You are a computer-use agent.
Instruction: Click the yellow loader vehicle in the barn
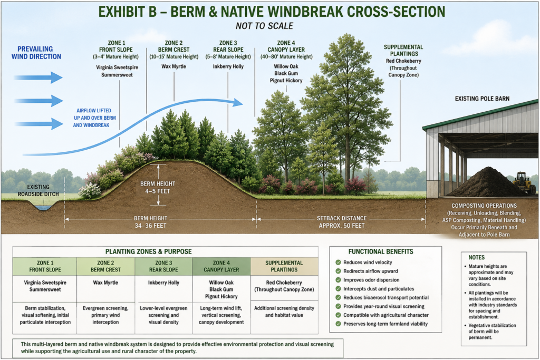coord(524,182)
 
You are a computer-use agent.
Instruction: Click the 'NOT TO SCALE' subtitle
coord(265,26)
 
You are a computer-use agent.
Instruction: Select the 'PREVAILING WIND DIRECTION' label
coord(36,53)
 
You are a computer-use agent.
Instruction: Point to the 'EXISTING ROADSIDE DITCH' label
coord(38,190)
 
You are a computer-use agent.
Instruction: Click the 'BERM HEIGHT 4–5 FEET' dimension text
coord(157,187)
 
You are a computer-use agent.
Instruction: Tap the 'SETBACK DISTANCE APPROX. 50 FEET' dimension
coord(342,222)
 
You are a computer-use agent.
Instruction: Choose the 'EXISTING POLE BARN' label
coord(482,99)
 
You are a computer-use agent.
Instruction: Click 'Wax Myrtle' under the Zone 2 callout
coord(173,66)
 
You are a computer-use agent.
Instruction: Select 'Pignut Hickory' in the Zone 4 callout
coord(286,81)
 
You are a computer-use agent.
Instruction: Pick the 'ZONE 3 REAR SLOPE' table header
coord(163,266)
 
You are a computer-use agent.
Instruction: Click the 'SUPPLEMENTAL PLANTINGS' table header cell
coord(284,266)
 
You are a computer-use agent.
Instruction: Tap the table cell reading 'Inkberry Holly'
coord(163,283)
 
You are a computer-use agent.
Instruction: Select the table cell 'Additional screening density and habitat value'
coord(284,312)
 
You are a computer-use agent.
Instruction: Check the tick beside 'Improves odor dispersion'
coord(338,280)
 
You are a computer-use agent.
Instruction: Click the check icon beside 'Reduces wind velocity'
coord(338,262)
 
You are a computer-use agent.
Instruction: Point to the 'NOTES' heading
coord(476,257)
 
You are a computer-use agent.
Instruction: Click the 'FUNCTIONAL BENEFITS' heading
coord(381,251)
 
